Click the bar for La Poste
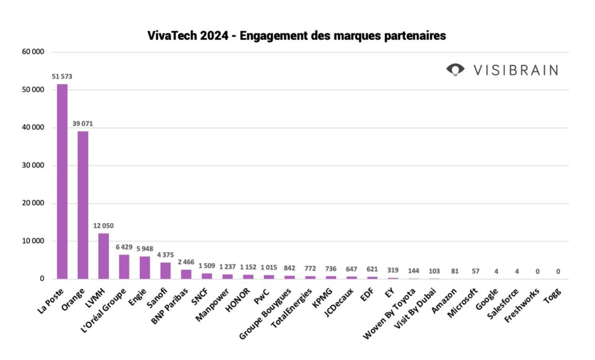click(62, 181)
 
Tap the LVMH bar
click(104, 256)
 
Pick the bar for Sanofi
click(166, 270)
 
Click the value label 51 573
click(62, 76)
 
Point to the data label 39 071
click(83, 123)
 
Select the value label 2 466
click(186, 262)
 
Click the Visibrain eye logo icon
click(455, 70)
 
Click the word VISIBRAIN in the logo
click(515, 70)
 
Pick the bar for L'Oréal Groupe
click(124, 266)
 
